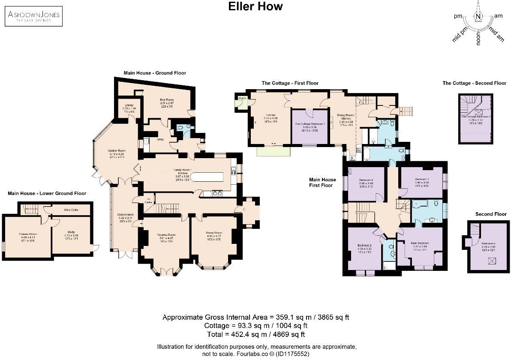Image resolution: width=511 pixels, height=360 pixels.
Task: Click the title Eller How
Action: click(x=255, y=6)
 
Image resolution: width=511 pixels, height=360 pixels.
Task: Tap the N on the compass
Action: click(x=478, y=17)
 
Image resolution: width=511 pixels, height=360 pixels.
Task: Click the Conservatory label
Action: click(x=126, y=214)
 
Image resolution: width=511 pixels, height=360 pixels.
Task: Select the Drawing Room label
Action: click(x=165, y=235)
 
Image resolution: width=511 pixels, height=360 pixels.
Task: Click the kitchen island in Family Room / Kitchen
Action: click(x=207, y=177)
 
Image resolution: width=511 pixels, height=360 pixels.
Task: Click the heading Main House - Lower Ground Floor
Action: click(x=47, y=193)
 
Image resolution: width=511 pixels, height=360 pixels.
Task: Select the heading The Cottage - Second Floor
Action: click(x=474, y=83)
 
